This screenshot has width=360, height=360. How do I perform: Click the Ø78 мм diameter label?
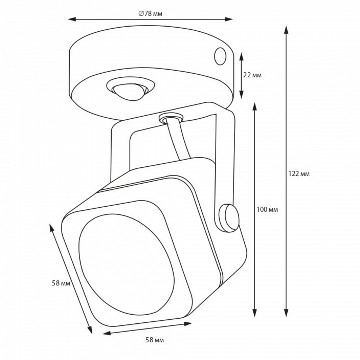[x=150, y=14]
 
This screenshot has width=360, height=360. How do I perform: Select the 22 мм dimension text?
[x=252, y=75]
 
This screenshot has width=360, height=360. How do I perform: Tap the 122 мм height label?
[x=299, y=174]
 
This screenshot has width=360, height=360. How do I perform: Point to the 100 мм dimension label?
[x=267, y=209]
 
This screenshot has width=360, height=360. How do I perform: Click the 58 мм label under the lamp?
[x=155, y=340]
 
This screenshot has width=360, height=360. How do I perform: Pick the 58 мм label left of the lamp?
[x=61, y=283]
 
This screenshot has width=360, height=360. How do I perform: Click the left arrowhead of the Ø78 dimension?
[x=72, y=19]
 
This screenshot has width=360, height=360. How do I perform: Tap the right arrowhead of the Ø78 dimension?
[x=229, y=19]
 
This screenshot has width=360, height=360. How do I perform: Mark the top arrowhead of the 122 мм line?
[x=286, y=30]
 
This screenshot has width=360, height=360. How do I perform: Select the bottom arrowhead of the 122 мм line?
[x=286, y=313]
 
